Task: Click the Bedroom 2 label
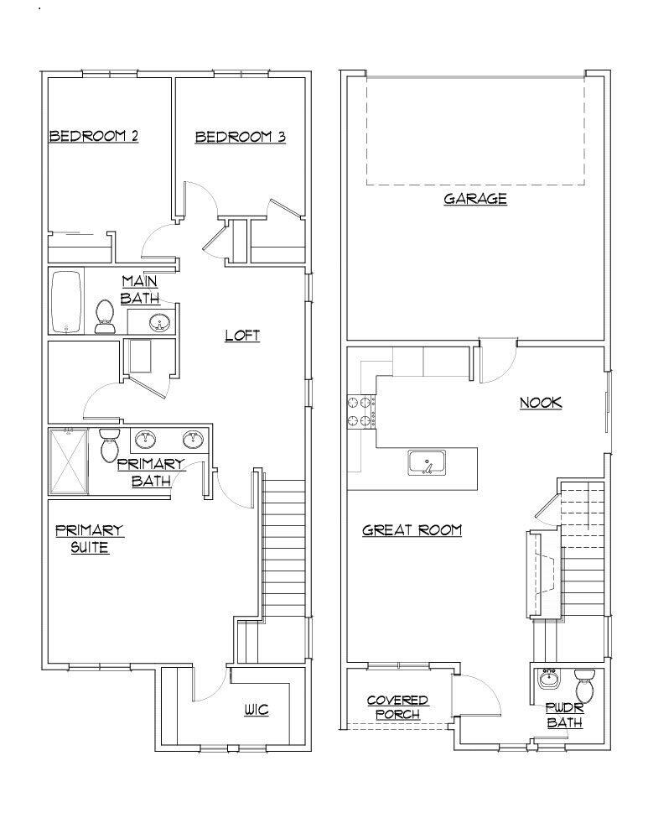coord(93,136)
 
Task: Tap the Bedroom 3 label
coord(240,137)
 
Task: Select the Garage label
coord(474,199)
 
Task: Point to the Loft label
coord(242,336)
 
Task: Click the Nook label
coord(540,403)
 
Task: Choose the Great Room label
coord(412,530)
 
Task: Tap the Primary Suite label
coord(89,539)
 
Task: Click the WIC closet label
coord(257,711)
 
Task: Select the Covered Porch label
coord(397,706)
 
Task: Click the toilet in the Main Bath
coord(106,316)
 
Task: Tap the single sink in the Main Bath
coord(158,321)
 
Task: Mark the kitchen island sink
coord(428,462)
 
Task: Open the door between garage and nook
coord(497,361)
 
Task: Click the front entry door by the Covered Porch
coord(476,696)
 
